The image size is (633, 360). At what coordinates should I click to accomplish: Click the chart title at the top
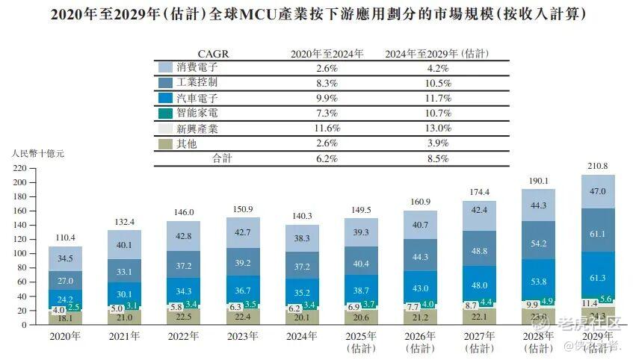click(x=317, y=14)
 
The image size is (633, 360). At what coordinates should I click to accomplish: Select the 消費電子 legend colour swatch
click(x=165, y=67)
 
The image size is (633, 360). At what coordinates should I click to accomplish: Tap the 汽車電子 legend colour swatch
click(x=165, y=98)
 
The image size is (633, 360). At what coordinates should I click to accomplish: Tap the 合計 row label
click(x=223, y=158)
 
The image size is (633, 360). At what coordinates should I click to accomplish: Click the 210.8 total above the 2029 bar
click(x=598, y=165)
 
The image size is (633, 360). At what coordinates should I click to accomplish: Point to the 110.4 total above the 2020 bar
click(x=65, y=237)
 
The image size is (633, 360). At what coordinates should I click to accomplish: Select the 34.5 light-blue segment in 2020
click(x=65, y=258)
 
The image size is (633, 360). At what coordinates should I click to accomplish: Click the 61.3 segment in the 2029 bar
click(x=598, y=278)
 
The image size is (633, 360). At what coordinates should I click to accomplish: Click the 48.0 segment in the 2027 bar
click(x=481, y=285)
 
